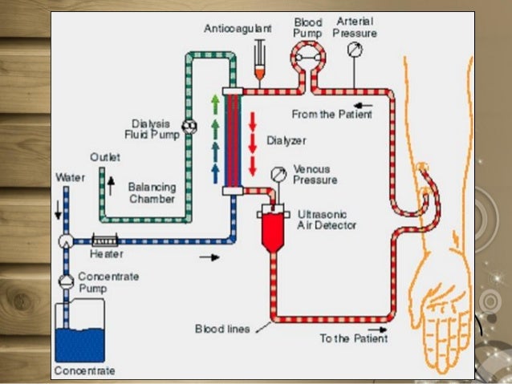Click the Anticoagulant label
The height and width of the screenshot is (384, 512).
(238, 28)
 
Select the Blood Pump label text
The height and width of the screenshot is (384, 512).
(307, 28)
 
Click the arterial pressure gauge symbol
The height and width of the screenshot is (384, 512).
(355, 50)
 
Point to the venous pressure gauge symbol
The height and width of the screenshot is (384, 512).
(278, 174)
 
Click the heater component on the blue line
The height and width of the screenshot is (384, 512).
(105, 240)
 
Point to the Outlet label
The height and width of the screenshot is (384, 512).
(105, 158)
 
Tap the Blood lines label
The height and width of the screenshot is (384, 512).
(221, 329)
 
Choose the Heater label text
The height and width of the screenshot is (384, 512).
(107, 255)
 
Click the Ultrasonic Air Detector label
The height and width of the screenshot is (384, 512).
(327, 220)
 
